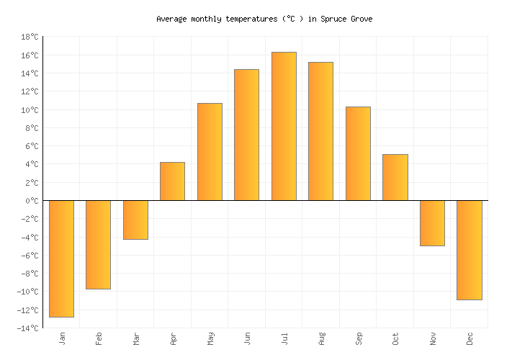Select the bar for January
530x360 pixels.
click(61, 258)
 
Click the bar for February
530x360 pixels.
click(98, 245)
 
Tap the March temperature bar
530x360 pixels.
click(135, 220)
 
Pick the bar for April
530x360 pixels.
click(172, 181)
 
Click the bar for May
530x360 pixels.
click(210, 152)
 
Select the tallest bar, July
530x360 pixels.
click(284, 126)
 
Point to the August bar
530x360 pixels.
click(320, 131)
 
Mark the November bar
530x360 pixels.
click(432, 223)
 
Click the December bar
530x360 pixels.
click(469, 250)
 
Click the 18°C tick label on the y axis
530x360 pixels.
click(30, 37)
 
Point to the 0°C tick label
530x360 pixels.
click(32, 201)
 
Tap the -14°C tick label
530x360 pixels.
click(27, 328)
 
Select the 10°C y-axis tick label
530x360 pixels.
click(30, 110)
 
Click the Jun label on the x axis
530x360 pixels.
click(247, 338)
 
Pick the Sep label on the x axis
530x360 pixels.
click(358, 338)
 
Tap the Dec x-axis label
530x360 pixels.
click(470, 338)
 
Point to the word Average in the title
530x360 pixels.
click(171, 19)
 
